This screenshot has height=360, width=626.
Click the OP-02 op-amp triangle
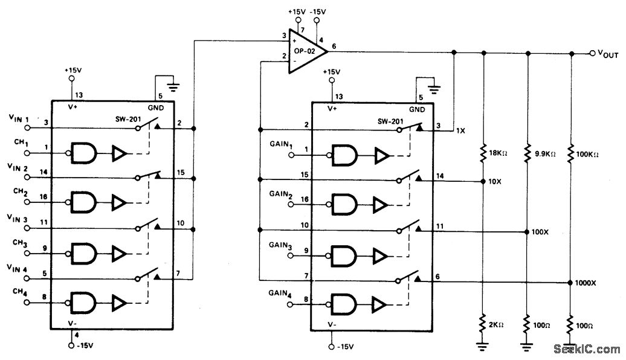coord(305,52)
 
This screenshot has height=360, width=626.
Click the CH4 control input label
coord(19,292)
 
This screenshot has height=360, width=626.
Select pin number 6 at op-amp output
coord(334,47)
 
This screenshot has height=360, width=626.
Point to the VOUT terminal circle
coord(592,53)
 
